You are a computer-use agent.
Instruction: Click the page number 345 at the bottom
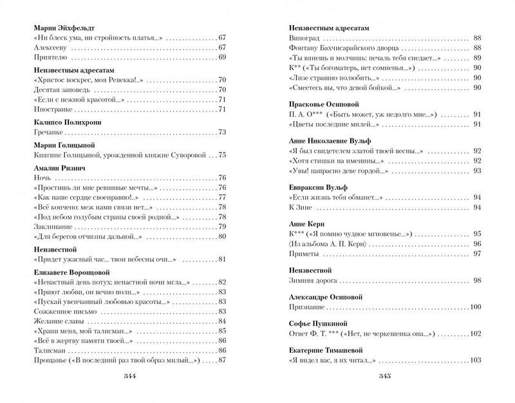[x=386, y=377]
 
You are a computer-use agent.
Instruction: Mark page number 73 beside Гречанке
[x=222, y=133]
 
